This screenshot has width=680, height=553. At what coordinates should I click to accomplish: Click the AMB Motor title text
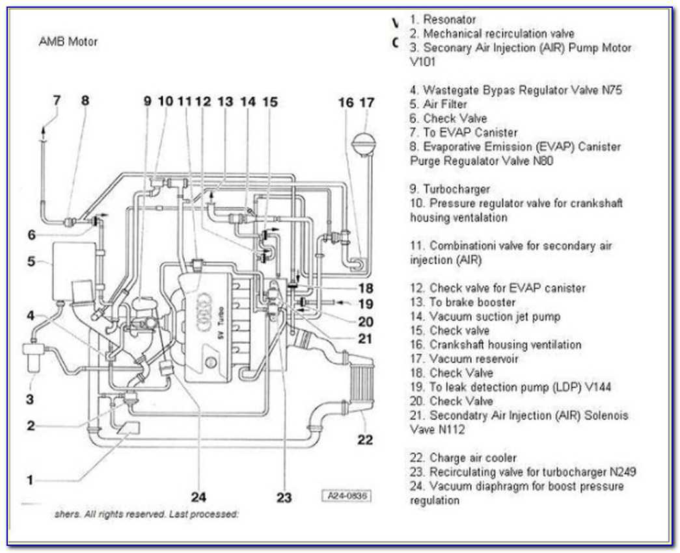[x=68, y=42]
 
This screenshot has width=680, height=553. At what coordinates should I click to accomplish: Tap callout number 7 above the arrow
[x=57, y=101]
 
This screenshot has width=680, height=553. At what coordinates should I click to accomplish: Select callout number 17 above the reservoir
[x=367, y=102]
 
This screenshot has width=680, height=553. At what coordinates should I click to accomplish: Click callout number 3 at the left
[x=29, y=399]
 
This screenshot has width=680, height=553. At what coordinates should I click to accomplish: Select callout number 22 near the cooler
[x=365, y=440]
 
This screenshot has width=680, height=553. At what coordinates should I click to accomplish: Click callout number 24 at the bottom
[x=198, y=497]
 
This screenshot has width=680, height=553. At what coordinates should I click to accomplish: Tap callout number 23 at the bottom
[x=284, y=498]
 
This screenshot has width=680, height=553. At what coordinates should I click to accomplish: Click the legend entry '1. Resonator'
[x=442, y=20]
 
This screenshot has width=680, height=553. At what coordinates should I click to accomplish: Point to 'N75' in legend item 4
[x=610, y=90]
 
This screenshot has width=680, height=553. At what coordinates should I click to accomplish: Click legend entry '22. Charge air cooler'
[x=463, y=458]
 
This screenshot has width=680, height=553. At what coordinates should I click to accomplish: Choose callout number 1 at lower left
[x=29, y=481]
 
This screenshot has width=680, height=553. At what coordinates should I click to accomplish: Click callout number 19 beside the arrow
[x=366, y=304]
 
